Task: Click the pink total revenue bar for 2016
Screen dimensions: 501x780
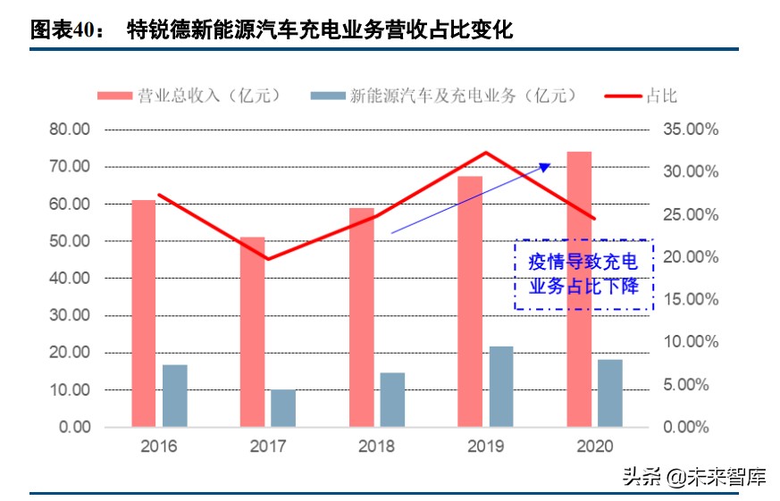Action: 144,313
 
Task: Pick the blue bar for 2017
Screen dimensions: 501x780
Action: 283,408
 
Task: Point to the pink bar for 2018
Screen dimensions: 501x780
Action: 362,317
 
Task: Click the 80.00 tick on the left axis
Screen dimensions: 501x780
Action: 69,129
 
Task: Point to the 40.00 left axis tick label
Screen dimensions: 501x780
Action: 69,279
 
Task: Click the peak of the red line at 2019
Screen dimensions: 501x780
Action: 485,153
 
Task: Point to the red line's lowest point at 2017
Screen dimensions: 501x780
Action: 267,259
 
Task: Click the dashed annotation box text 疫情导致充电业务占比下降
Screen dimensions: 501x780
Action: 583,274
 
